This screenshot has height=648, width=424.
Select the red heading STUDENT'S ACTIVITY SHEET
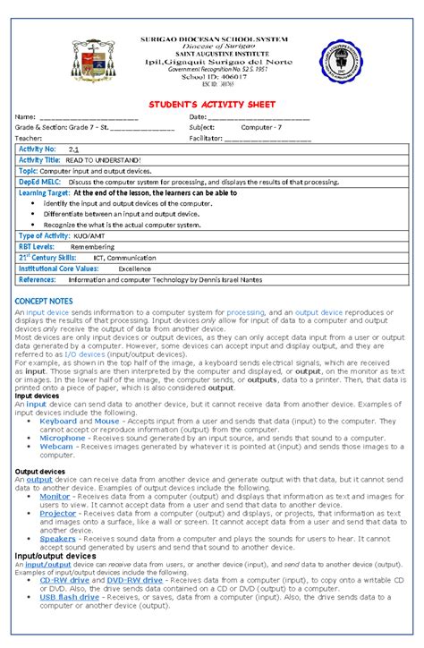pos(211,105)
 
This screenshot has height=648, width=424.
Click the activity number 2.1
pos(74,149)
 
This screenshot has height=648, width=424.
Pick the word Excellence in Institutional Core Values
pos(135,268)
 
